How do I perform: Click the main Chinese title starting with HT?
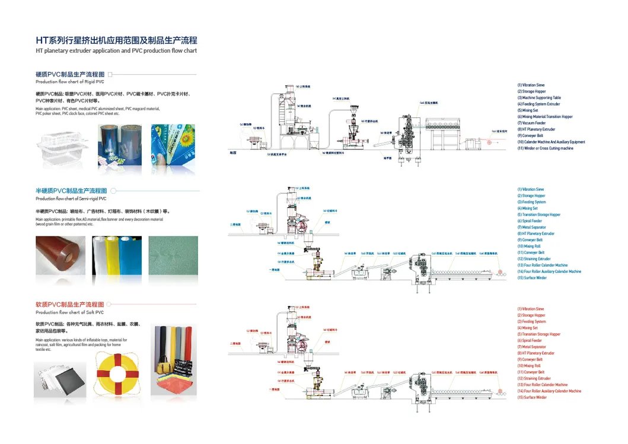pyautogui.click(x=116, y=40)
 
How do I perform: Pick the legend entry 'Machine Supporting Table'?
pyautogui.click(x=538, y=98)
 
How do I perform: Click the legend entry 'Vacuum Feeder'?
pyautogui.click(x=531, y=123)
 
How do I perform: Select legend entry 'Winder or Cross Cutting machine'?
pyautogui.click(x=545, y=148)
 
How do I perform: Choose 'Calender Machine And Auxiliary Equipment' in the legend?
pyautogui.click(x=551, y=142)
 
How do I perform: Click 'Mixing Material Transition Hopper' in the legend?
pyautogui.click(x=544, y=117)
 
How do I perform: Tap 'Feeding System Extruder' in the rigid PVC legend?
pyautogui.click(x=538, y=104)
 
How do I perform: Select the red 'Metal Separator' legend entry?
pyautogui.click(x=531, y=347)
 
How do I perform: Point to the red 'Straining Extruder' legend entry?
pyautogui.click(x=534, y=378)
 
